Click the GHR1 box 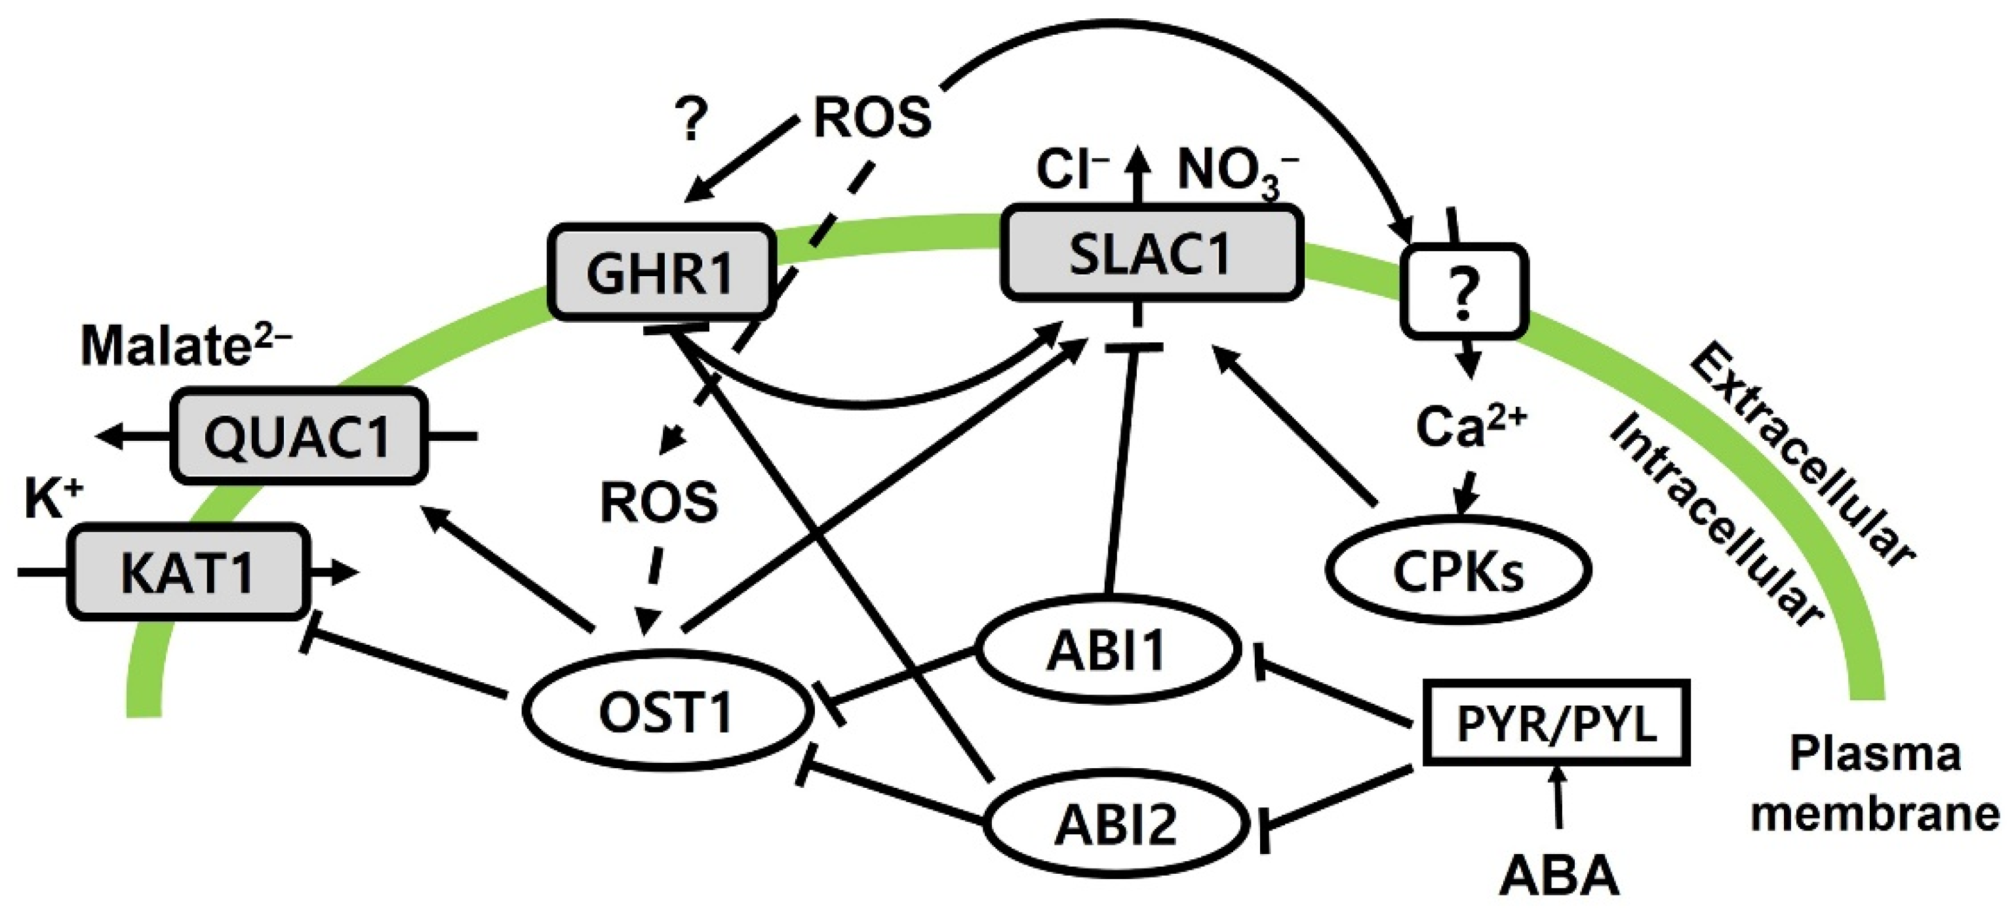pyautogui.click(x=661, y=273)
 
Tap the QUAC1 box pyautogui.click(x=298, y=436)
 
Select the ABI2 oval pyautogui.click(x=1115, y=825)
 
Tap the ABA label pyautogui.click(x=1558, y=876)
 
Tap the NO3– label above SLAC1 pyautogui.click(x=1236, y=172)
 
